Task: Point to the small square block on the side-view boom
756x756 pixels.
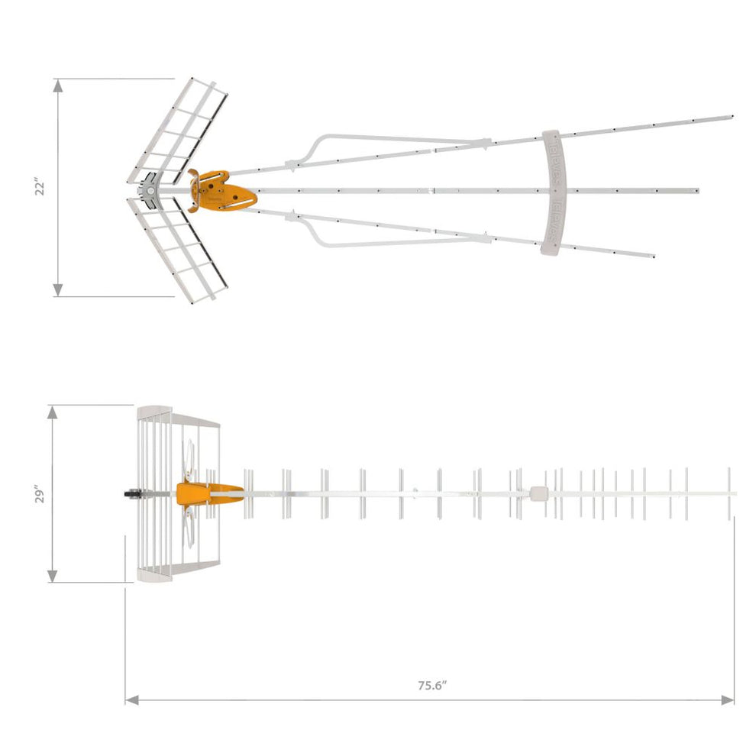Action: [x=538, y=493]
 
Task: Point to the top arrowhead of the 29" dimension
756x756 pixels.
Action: [x=53, y=411]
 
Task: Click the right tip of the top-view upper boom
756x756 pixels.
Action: [x=731, y=117]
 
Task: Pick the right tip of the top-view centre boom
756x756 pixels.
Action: [x=697, y=189]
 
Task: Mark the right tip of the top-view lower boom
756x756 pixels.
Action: [x=653, y=254]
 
